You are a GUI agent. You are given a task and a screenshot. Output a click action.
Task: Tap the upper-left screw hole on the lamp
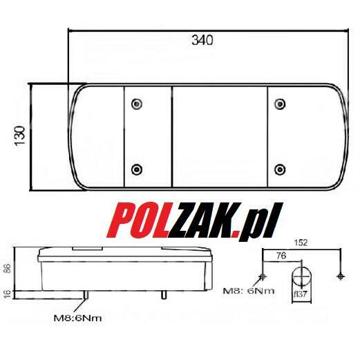(x=137, y=104)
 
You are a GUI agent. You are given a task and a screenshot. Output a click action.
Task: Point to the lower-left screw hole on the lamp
(x=137, y=169)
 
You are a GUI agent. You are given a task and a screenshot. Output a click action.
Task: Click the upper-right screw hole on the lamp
(x=279, y=104)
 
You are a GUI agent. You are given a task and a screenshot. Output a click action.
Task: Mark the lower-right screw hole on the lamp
(x=279, y=169)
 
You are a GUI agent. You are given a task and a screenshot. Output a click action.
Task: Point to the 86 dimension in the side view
(x=8, y=269)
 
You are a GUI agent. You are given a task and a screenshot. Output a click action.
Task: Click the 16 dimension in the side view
(x=8, y=293)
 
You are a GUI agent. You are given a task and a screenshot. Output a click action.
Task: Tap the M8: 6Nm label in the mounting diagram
(x=249, y=290)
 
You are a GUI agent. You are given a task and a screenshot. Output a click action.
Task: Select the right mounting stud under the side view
(x=164, y=296)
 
